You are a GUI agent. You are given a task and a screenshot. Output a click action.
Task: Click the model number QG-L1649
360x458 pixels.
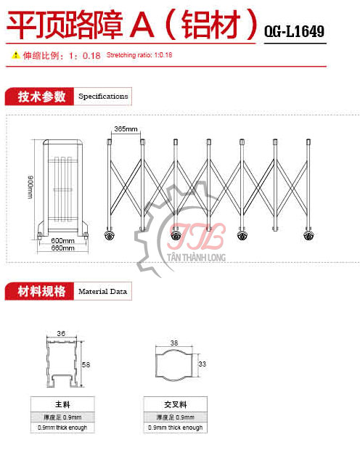294,31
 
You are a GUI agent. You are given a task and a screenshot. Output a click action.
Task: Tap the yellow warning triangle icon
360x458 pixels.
15,54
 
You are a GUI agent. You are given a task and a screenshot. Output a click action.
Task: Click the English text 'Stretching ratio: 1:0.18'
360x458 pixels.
139,55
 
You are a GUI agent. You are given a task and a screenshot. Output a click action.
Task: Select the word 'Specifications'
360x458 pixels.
103,96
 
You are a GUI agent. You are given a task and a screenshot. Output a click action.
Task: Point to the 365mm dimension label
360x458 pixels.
126,128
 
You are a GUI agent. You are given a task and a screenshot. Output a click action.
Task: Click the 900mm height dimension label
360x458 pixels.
30,187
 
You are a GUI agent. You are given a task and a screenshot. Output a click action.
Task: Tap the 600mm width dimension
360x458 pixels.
62,241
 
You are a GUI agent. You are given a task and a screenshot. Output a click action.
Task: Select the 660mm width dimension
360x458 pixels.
62,248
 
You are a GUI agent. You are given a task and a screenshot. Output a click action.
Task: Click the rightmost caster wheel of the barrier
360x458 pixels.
308,235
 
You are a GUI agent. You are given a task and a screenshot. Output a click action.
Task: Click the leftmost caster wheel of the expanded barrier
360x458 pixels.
110,235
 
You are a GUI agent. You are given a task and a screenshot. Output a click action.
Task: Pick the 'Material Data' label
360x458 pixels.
102,291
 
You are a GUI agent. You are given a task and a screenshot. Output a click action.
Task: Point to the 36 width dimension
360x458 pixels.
61,333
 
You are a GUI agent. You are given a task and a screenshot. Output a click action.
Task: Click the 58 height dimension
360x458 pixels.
86,364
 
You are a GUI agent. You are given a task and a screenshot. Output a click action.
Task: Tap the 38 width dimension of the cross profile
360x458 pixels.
174,343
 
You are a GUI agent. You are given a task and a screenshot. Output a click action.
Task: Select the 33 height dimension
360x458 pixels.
202,364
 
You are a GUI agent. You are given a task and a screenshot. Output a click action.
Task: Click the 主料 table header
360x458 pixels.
62,404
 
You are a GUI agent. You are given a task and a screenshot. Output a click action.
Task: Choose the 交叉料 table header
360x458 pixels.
176,404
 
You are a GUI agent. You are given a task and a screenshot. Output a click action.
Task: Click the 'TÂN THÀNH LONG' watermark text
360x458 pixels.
197,258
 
